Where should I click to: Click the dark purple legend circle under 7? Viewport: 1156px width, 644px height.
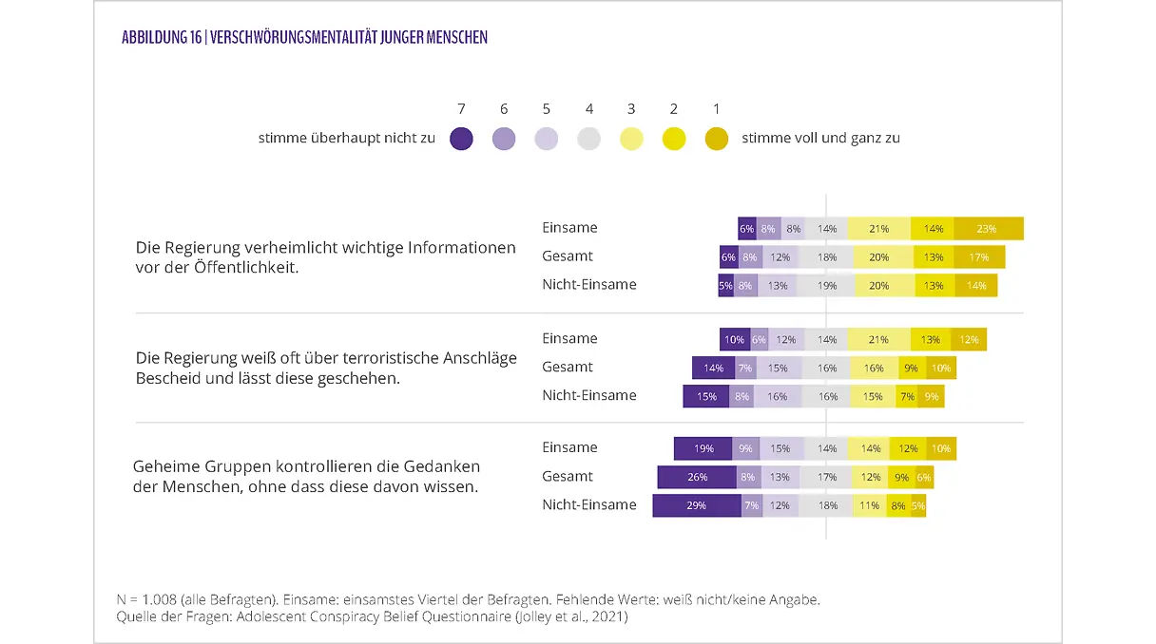461,139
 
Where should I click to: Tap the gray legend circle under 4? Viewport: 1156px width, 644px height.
589,139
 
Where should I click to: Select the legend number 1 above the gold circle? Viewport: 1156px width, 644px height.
717,109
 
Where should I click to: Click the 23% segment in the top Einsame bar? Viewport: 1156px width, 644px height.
988,229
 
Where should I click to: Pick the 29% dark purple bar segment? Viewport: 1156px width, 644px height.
697,505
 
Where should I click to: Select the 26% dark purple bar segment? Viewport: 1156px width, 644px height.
697,477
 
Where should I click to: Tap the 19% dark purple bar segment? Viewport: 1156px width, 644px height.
703,448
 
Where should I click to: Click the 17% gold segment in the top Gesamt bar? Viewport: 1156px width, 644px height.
979,257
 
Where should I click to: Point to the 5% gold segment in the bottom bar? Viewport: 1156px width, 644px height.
918,505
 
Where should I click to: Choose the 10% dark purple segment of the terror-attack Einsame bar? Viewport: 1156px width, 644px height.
734,339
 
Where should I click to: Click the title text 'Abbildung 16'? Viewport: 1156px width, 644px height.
161,38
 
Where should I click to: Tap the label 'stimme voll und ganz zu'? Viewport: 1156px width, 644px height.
820,139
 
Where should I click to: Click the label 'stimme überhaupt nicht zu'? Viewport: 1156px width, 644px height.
347,139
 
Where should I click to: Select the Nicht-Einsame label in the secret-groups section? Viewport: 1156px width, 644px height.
589,504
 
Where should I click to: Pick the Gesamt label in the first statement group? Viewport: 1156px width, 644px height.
568,256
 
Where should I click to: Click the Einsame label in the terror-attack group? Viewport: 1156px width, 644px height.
569,338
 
